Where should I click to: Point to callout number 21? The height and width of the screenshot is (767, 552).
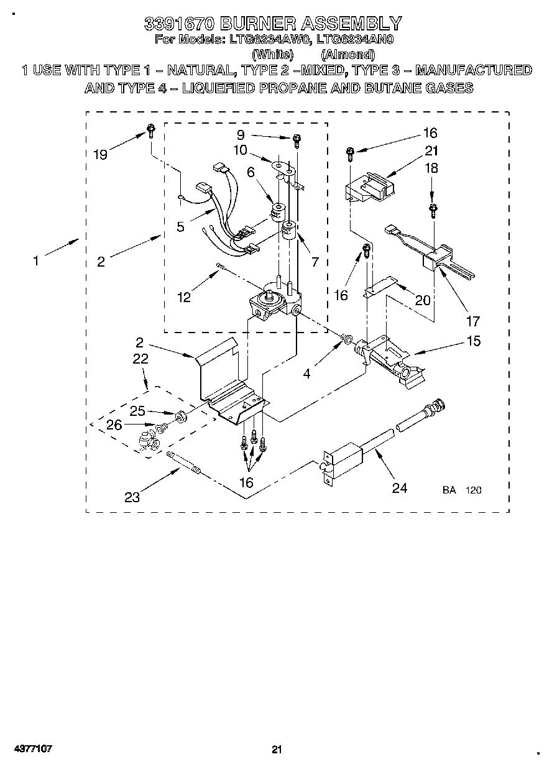pos(431,150)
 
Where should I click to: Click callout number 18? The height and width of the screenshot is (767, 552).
pos(431,167)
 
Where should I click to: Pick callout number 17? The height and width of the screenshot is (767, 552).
pos(473,321)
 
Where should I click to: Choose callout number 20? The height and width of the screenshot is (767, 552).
pos(423,300)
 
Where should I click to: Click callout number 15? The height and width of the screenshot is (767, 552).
pos(473,341)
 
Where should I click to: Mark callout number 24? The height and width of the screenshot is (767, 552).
pos(399,488)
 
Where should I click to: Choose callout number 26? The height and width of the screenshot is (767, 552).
pos(114,425)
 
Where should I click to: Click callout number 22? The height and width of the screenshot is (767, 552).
pos(140,358)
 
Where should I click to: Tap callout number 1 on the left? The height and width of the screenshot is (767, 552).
pos(35,261)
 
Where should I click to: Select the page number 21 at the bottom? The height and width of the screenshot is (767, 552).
pos(277,749)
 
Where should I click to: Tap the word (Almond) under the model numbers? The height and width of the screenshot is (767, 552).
pos(348,54)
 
